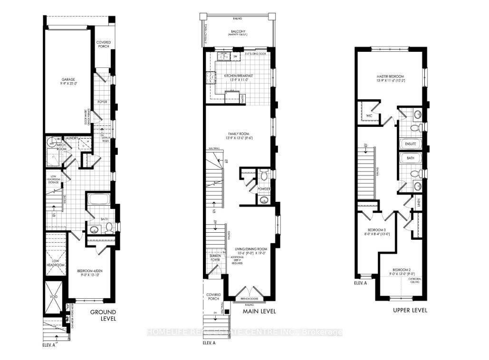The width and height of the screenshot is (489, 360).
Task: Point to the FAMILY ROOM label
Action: point(238,134)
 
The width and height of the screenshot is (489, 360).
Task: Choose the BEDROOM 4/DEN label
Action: point(90,272)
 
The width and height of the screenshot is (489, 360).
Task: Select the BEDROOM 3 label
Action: point(372,229)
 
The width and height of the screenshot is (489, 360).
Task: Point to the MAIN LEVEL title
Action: point(259,312)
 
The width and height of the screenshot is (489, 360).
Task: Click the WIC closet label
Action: point(369,115)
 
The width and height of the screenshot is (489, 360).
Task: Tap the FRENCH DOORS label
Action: point(249,298)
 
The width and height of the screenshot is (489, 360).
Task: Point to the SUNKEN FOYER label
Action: point(216,258)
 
